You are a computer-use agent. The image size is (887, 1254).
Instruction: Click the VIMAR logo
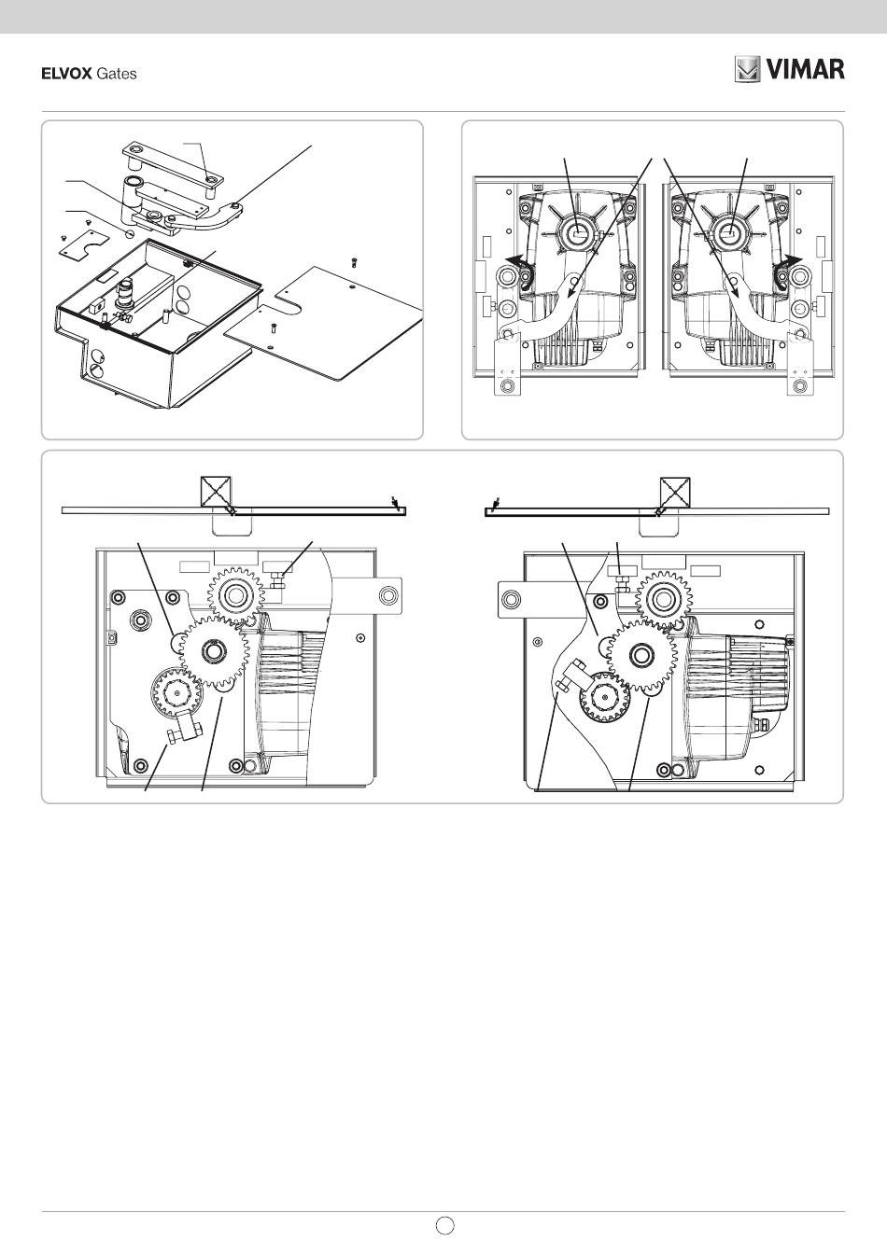tap(789, 70)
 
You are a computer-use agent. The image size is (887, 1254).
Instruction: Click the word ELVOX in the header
tap(65, 74)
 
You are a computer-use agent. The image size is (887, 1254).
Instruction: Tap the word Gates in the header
tap(117, 74)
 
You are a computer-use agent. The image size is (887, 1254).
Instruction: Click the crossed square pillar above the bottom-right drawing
tap(675, 492)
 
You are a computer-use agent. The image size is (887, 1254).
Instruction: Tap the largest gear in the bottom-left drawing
tap(215, 652)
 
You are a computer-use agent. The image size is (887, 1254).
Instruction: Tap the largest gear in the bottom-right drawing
tap(641, 656)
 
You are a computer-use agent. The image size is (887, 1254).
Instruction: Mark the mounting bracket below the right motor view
tap(799, 367)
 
